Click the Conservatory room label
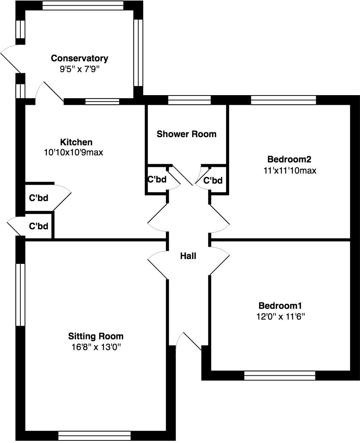(x=80, y=58)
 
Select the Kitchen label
(x=76, y=142)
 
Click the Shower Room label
(x=186, y=134)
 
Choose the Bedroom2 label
(x=289, y=159)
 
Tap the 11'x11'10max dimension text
(x=289, y=171)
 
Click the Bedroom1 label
(x=280, y=306)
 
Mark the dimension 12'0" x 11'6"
(x=280, y=317)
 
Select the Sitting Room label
(x=96, y=336)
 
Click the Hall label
(x=188, y=256)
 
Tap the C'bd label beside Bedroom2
(x=213, y=181)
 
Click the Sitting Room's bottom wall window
(x=94, y=435)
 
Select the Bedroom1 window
(x=280, y=375)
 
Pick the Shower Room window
(x=189, y=100)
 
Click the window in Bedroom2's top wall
(x=283, y=100)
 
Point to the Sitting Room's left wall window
(x=20, y=295)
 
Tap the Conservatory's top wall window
(x=83, y=5)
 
